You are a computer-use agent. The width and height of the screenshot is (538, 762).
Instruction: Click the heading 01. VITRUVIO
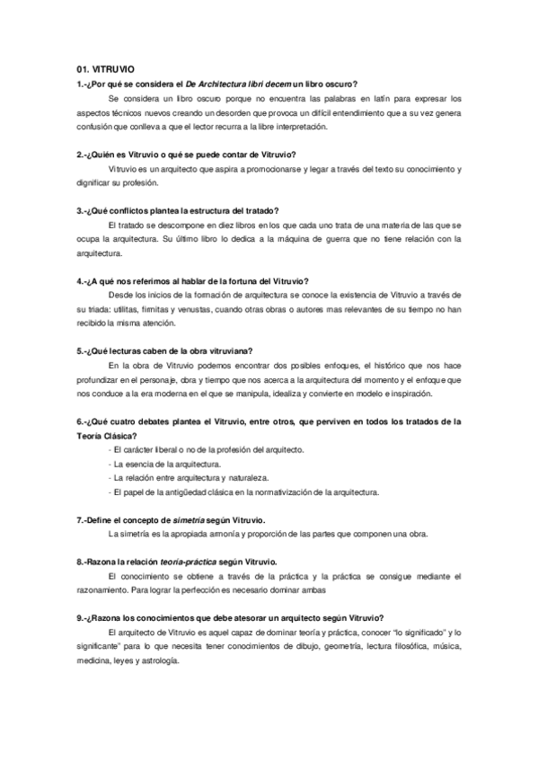(x=106, y=67)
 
